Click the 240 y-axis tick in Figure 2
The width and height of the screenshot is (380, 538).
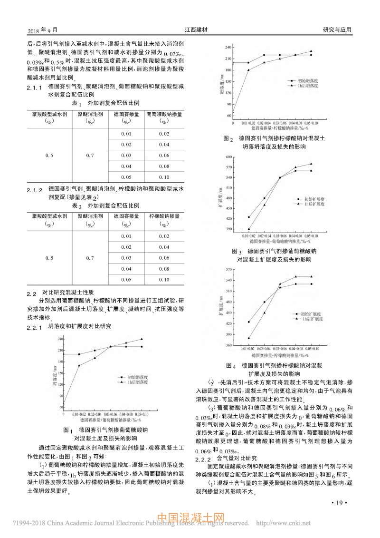pos(228,47)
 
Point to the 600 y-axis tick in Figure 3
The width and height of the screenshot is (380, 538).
pos(229,157)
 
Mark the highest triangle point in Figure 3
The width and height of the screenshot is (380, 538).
pos(311,164)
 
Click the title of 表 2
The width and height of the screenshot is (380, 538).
pos(105,205)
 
